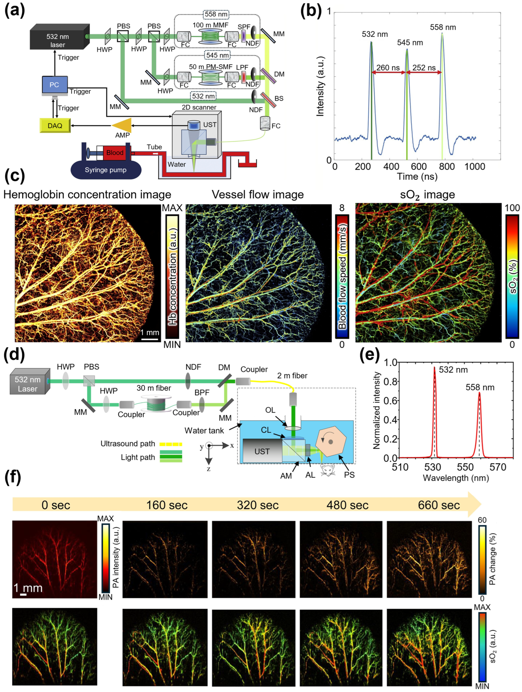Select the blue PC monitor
(x=55, y=85)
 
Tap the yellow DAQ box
(x=55, y=125)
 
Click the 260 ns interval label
(x=388, y=68)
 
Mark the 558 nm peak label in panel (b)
(x=443, y=27)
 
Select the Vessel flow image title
(x=258, y=195)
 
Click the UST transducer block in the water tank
(x=262, y=451)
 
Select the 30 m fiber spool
(x=156, y=403)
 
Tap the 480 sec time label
(x=347, y=505)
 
